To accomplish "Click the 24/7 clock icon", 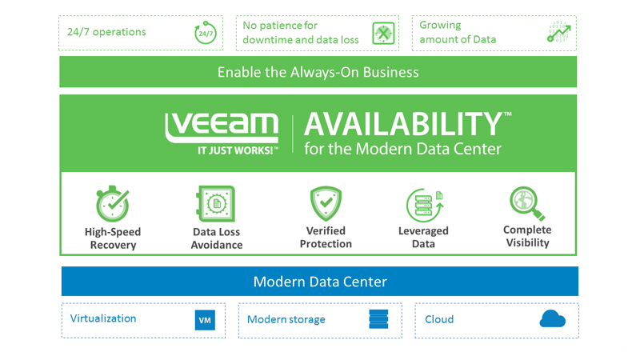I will pos(206,34).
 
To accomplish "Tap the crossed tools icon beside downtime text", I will pos(384,34).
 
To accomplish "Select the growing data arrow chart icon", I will pos(559,33).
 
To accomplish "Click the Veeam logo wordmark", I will pos(222,128).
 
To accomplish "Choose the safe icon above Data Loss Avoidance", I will pos(216,205).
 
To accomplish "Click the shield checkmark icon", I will pos(326,204).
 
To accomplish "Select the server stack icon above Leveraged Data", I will pos(424,205).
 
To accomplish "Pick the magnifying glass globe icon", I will pos(527,203).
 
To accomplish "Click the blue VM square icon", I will pos(205,320).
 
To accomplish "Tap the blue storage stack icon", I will pos(378,319).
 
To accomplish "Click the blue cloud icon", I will pos(552,319).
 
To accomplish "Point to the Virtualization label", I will pos(103,318).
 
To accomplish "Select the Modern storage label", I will pos(286,319).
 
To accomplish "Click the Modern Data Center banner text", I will pos(320,282).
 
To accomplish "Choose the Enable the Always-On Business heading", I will pos(318,72).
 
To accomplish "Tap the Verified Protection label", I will pos(326,238).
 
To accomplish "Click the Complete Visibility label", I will pos(527,236).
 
